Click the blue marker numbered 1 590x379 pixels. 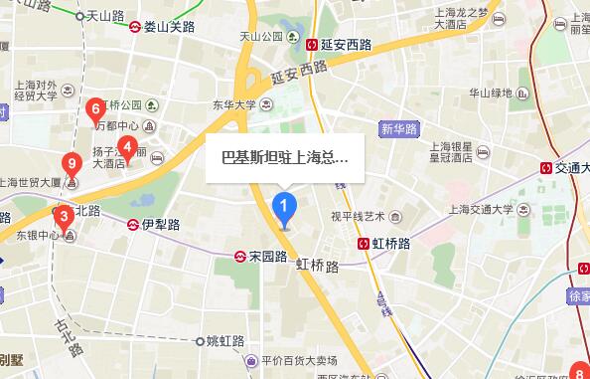click(285, 208)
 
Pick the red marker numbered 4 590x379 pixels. click(127, 148)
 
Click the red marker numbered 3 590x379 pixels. click(63, 216)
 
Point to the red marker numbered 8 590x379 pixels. click(579, 370)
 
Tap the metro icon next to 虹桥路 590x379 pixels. click(365, 243)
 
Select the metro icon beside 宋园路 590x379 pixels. click(240, 256)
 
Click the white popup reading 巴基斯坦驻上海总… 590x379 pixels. click(284, 156)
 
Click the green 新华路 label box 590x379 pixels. click(399, 128)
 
